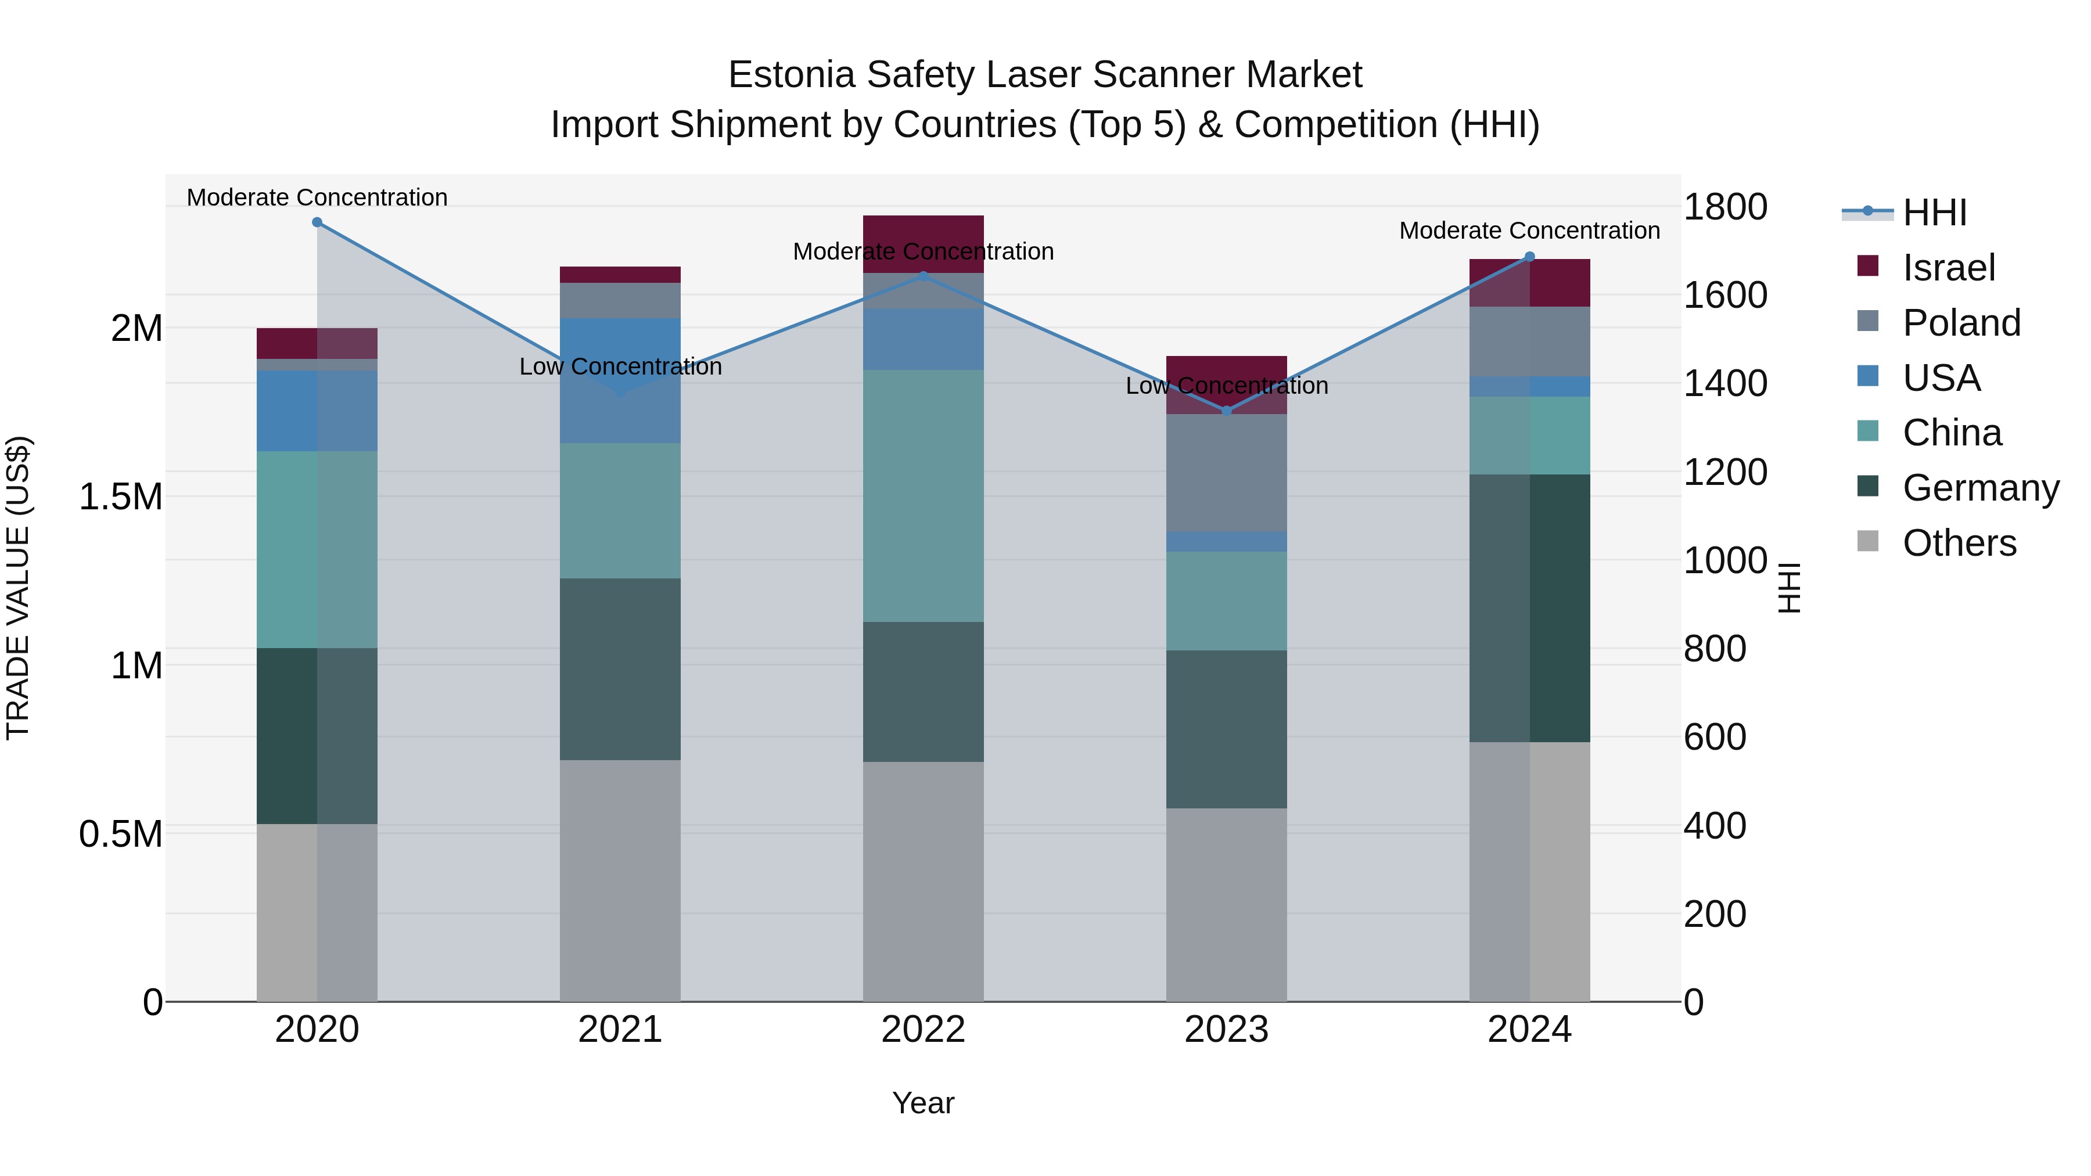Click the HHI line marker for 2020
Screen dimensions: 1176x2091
click(x=317, y=222)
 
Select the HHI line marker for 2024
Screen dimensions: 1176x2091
click(x=1529, y=257)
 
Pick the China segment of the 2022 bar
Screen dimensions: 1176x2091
click(x=923, y=496)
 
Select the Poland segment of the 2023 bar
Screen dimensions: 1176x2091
click(x=1227, y=473)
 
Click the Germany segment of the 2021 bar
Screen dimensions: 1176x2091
click(x=620, y=669)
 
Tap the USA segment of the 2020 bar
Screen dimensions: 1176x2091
click(x=317, y=411)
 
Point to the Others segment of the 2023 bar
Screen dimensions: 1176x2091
click(x=1227, y=904)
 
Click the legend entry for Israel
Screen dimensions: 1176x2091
click(x=1948, y=268)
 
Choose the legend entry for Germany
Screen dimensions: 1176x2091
click(x=1980, y=488)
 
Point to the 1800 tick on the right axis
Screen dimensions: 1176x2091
click(x=1725, y=207)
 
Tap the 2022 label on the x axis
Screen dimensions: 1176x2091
click(x=923, y=1030)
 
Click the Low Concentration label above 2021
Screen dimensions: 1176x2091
click(x=620, y=367)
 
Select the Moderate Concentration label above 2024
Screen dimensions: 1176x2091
click(x=1529, y=231)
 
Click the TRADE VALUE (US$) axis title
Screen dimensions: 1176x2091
click(x=19, y=588)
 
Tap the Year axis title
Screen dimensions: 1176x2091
click(x=923, y=1103)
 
